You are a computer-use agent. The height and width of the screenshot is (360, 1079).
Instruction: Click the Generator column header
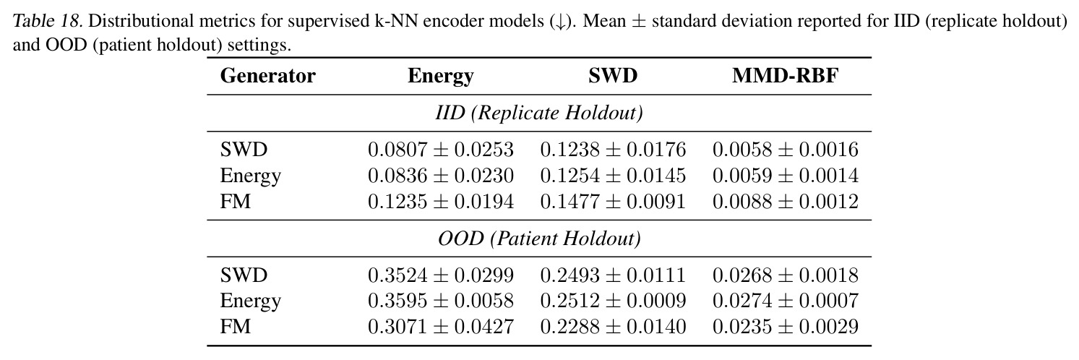[268, 76]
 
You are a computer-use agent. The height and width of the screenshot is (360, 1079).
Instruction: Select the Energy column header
[440, 77]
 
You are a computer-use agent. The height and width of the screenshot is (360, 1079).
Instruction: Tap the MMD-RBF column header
[785, 76]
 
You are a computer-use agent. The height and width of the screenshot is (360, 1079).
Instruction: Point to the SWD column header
[613, 76]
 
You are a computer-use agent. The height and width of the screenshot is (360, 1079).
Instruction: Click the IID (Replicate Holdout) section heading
[539, 113]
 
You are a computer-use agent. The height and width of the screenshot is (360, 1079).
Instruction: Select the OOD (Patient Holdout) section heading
[539, 239]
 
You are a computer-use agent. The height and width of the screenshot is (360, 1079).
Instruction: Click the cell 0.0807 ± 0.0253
[441, 150]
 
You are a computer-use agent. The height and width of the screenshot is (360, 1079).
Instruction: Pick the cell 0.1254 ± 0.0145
[613, 176]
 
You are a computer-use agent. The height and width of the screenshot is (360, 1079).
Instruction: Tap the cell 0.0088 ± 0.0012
[785, 202]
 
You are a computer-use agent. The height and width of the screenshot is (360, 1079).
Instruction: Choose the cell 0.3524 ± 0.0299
[441, 275]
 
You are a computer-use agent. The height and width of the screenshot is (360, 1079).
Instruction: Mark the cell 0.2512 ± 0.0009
[613, 301]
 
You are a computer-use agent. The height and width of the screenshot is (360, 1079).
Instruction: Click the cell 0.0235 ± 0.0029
[785, 327]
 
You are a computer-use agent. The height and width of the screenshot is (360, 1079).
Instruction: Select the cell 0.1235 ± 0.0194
[441, 202]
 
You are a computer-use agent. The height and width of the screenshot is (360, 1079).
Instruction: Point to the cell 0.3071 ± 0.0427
[441, 327]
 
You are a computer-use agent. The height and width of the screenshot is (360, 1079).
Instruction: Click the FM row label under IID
[236, 202]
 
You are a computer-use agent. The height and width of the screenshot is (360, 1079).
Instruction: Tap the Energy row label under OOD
[251, 301]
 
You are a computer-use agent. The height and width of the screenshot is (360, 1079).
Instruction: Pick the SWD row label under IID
[244, 150]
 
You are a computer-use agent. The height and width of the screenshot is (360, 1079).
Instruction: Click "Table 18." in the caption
[48, 21]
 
